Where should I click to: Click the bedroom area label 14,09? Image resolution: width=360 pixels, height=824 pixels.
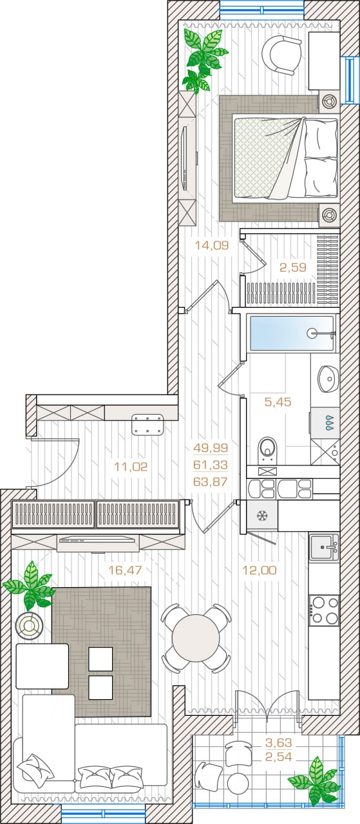click(x=212, y=245)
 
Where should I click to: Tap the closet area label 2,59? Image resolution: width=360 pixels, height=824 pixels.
click(x=293, y=267)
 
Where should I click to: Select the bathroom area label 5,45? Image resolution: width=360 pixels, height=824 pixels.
click(x=278, y=402)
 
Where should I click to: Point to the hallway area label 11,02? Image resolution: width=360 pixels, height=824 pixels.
click(x=131, y=467)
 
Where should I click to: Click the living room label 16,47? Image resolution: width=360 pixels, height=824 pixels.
click(x=125, y=570)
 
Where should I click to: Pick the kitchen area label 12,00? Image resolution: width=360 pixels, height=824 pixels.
click(x=260, y=570)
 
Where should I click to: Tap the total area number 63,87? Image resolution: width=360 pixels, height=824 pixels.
click(x=211, y=482)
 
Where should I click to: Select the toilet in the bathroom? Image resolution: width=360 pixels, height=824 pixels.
click(x=268, y=450)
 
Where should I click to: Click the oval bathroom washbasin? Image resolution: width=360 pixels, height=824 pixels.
click(x=328, y=379)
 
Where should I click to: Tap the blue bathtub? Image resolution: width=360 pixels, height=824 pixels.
click(x=292, y=333)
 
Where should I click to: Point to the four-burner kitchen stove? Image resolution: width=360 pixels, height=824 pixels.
click(x=325, y=610)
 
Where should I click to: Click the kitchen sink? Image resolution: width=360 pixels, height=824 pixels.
click(x=324, y=547)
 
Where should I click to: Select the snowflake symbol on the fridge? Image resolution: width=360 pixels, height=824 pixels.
click(x=262, y=516)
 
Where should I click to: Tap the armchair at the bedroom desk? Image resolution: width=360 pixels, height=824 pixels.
click(x=281, y=55)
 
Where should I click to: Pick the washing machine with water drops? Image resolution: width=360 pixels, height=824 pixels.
click(x=325, y=423)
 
